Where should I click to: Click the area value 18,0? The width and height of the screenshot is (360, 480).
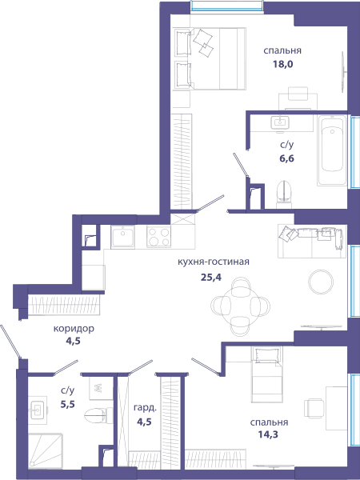[x=282, y=65]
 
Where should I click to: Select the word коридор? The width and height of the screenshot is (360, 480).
[x=74, y=329]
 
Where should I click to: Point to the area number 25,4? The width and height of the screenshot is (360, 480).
[x=210, y=277]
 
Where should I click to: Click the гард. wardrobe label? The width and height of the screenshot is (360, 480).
[x=145, y=408]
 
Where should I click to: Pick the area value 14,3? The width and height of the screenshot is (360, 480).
[x=269, y=434]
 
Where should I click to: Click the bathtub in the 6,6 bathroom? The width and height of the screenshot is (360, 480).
[x=332, y=150]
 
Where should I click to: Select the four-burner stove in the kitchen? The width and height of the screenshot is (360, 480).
[x=158, y=236]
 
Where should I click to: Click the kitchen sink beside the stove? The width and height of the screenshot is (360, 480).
[x=122, y=236]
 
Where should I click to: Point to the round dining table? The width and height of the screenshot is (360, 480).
[x=240, y=306]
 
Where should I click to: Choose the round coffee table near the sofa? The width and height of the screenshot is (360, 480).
[x=321, y=282]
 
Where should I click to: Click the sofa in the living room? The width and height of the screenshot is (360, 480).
[x=312, y=241]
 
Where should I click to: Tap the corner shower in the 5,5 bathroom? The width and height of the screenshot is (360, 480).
[x=46, y=450]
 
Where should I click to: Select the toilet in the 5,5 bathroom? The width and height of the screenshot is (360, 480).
[x=98, y=415]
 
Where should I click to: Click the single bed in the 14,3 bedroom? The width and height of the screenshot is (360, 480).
[x=266, y=374]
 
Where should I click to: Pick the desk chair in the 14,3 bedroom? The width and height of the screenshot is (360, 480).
[x=314, y=408]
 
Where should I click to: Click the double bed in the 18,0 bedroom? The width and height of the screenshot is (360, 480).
[x=210, y=58]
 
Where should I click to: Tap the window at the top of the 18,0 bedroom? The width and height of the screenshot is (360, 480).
[x=227, y=6]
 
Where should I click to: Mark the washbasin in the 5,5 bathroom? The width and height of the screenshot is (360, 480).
[x=38, y=410]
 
